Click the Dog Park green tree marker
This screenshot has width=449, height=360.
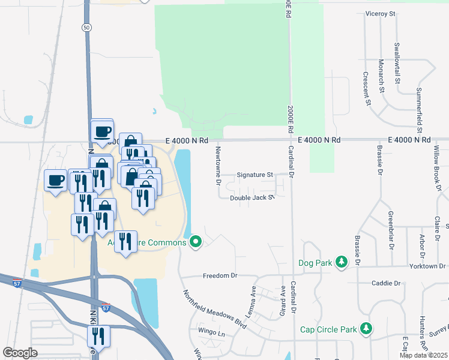pos(342,262)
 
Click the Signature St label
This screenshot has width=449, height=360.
pos(254,175)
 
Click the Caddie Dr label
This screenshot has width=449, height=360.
pos(386,283)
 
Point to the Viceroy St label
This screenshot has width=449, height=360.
pos(381,13)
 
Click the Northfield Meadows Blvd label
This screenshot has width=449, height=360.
pos(215,309)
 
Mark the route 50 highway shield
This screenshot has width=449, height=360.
pos(87,28)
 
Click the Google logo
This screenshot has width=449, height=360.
pos(20,353)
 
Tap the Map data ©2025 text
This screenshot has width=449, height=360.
pos(423,355)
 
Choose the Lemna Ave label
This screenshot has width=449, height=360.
pos(253,294)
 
